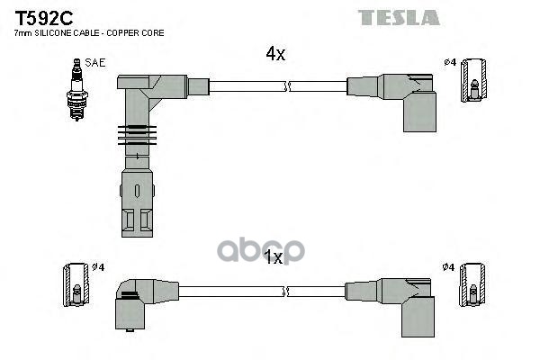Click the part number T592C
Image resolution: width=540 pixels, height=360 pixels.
(x=40, y=17)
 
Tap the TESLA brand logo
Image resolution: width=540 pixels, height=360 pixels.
(x=399, y=17)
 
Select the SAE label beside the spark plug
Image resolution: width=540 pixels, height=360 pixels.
(x=94, y=64)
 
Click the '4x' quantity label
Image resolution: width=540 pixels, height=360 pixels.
(x=275, y=55)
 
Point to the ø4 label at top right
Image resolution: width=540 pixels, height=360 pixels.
(x=449, y=63)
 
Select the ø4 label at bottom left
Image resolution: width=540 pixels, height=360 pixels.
(x=100, y=268)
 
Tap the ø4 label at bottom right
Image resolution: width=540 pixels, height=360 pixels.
(x=449, y=268)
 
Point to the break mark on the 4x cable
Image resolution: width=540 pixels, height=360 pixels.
(x=286, y=86)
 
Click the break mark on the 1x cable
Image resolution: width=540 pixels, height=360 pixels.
(x=286, y=291)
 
